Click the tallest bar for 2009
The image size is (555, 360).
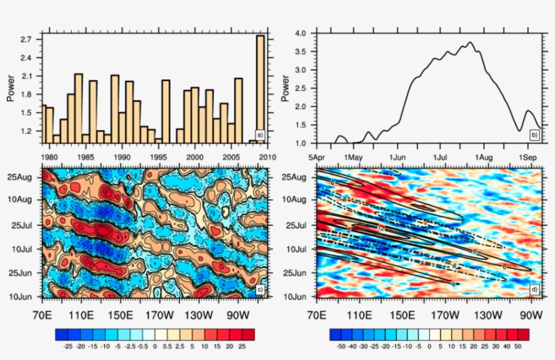[260, 88]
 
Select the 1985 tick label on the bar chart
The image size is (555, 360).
[88, 157]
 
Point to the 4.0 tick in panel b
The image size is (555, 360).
[301, 33]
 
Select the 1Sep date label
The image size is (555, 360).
[528, 157]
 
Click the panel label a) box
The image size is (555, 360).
[259, 135]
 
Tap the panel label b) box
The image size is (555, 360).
[534, 135]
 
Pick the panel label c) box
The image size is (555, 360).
[259, 290]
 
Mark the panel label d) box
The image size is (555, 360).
[534, 290]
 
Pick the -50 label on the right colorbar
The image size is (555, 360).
[340, 345]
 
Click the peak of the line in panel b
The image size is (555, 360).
[470, 42]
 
